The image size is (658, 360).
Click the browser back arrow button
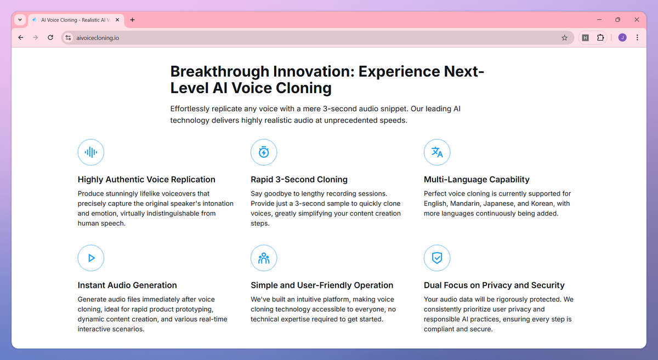[x=21, y=38]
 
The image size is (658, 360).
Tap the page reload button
[x=50, y=38]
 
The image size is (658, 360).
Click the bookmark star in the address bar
[x=564, y=38]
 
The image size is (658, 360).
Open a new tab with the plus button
[x=133, y=20]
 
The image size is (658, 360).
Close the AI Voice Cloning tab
[x=117, y=20]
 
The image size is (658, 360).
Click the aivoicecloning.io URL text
[x=98, y=38]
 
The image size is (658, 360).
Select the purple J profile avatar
[x=622, y=38]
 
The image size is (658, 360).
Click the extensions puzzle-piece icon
[x=600, y=38]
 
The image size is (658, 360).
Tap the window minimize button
[x=599, y=20]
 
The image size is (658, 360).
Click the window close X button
[x=637, y=20]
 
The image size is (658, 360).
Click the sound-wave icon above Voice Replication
[x=91, y=152]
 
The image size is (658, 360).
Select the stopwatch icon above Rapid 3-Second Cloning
[x=264, y=152]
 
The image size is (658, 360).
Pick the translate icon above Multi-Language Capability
[x=437, y=152]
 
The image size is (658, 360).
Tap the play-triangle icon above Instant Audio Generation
[x=91, y=258]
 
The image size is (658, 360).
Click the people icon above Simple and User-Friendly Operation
[x=264, y=258]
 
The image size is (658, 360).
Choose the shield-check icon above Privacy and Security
[x=437, y=258]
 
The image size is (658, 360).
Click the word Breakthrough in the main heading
[x=220, y=71]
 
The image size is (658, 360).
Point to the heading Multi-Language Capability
[x=477, y=179]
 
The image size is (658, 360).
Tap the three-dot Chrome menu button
[x=637, y=38]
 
